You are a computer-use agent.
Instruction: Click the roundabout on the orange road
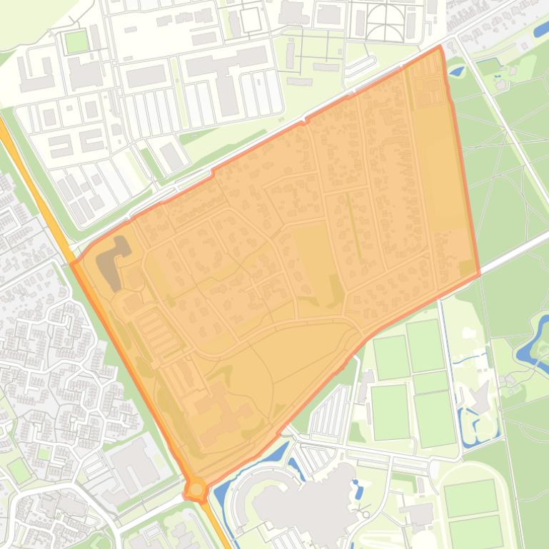[x=196, y=489]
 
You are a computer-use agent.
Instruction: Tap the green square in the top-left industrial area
[x=76, y=41]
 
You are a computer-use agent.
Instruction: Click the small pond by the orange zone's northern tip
[x=457, y=71]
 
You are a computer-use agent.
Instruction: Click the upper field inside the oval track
[x=470, y=498]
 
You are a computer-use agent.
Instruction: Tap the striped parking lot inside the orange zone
[x=161, y=332]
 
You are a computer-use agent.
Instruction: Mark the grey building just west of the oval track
[x=418, y=513]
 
